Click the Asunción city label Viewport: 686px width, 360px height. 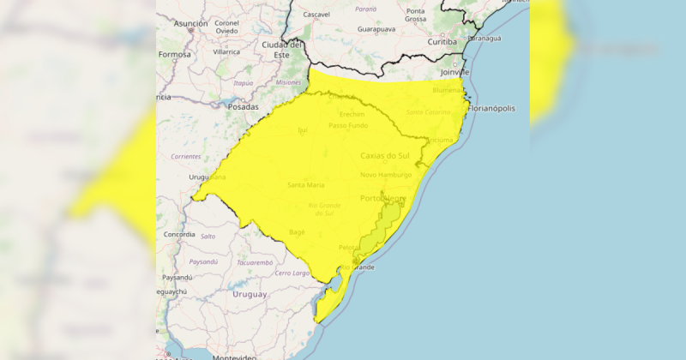[x=191, y=24]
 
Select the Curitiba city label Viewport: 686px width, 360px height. [x=442, y=41]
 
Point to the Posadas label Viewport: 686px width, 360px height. [x=243, y=107]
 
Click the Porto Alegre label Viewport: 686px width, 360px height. [x=382, y=199]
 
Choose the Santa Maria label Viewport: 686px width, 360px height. [x=306, y=185]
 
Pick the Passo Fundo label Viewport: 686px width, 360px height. [x=349, y=126]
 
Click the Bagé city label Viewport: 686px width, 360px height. [x=297, y=231]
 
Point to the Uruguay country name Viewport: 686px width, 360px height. [x=250, y=294]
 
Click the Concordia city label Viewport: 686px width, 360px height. [x=179, y=234]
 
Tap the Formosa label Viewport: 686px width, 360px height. [x=175, y=54]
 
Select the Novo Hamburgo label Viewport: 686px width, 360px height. [x=386, y=175]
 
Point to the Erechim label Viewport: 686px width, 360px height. [x=352, y=114]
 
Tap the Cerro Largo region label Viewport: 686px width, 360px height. [x=292, y=273]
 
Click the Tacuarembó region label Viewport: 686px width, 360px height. [x=255, y=262]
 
